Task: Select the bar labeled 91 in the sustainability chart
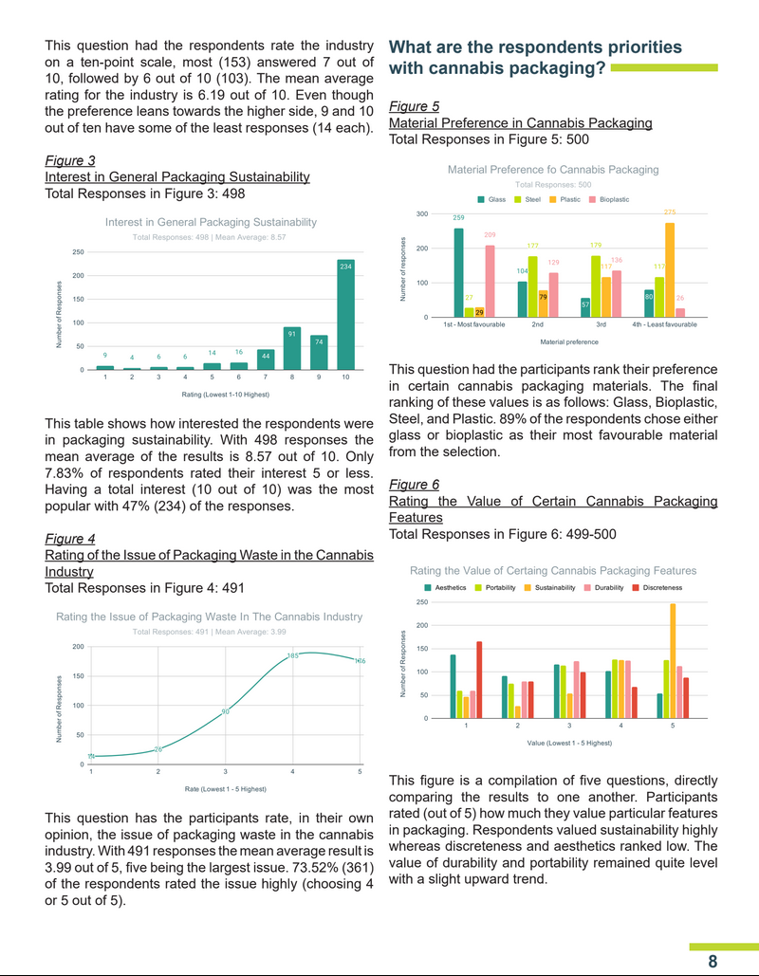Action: pyautogui.click(x=293, y=348)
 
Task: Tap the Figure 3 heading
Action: pyautogui.click(x=70, y=160)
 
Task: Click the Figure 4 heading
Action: pyautogui.click(x=70, y=539)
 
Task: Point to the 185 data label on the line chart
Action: pyautogui.click(x=293, y=655)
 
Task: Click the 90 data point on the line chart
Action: pyautogui.click(x=226, y=710)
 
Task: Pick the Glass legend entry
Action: pyautogui.click(x=491, y=199)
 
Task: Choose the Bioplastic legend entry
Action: pyautogui.click(x=609, y=199)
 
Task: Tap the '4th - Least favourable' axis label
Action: pyautogui.click(x=664, y=324)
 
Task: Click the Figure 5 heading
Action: pyautogui.click(x=414, y=106)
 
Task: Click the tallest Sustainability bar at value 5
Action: pyautogui.click(x=673, y=661)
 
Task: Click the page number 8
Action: pyautogui.click(x=713, y=960)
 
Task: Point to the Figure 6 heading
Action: pyautogui.click(x=414, y=484)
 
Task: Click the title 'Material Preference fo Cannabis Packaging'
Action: pyautogui.click(x=552, y=169)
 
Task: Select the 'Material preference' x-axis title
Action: pyautogui.click(x=569, y=341)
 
